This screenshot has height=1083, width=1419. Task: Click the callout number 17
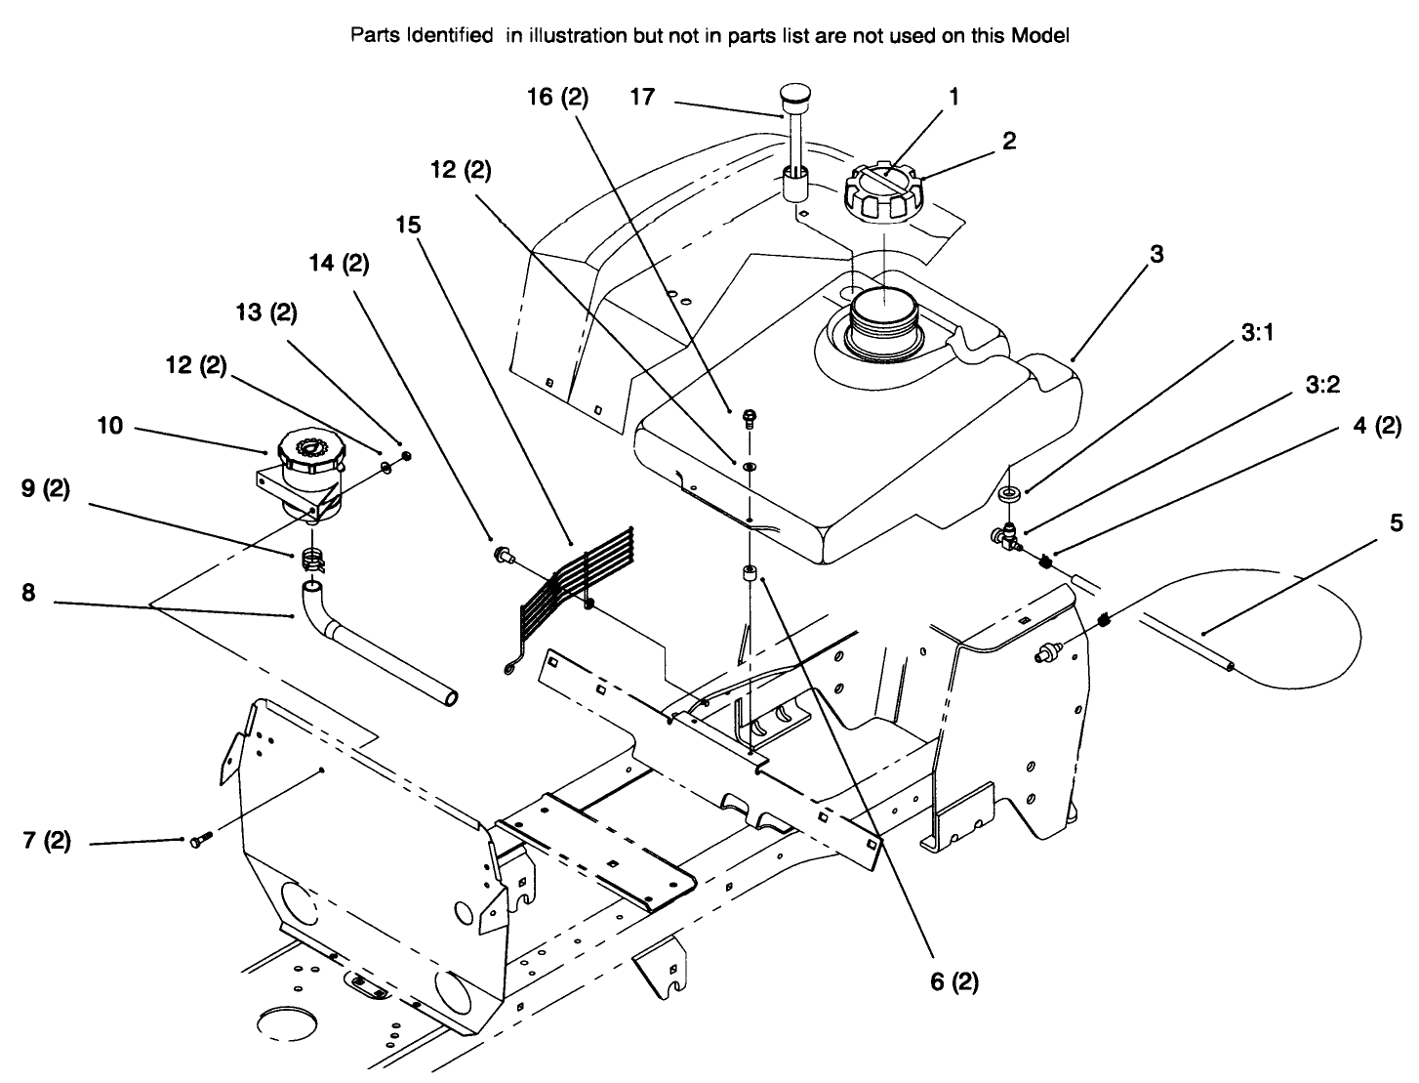[643, 98]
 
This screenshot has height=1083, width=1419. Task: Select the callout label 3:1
[1260, 333]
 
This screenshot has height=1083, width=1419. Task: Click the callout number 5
[1397, 523]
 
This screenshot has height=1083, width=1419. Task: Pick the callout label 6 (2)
[953, 981]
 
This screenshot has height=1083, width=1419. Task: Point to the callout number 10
[110, 426]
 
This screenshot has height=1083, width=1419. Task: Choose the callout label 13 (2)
[266, 312]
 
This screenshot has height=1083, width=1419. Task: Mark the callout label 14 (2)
[338, 264]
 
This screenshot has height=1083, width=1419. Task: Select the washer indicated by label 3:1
[1010, 493]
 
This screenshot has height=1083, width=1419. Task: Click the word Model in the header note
[1041, 36]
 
